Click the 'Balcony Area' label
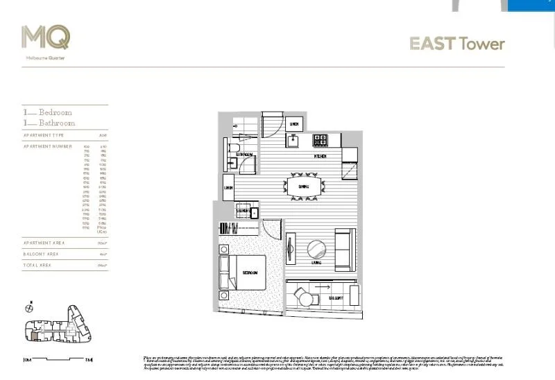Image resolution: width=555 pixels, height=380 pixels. point(42,254)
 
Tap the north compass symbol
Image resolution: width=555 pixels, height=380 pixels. point(28,307)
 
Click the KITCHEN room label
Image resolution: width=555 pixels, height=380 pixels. point(320,157)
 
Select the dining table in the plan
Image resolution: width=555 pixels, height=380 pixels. point(304,187)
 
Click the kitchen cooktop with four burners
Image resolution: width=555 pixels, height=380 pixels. point(321,139)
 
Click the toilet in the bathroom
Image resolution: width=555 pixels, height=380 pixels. point(234,148)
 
